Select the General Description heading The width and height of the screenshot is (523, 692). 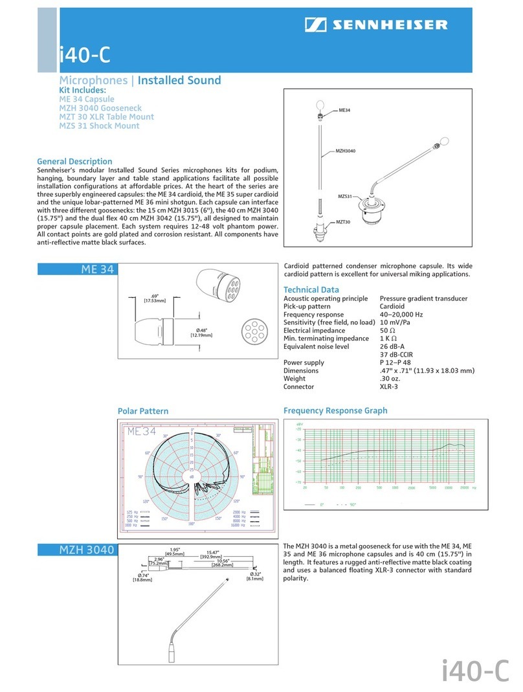[74, 161]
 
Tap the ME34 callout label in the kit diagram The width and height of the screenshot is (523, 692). [344, 111]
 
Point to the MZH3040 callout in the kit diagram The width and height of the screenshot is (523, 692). [346, 151]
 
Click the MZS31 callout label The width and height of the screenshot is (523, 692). [344, 196]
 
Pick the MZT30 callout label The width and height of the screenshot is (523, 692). [343, 222]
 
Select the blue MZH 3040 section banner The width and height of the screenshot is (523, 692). [77, 550]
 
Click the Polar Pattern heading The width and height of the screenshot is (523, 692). [142, 411]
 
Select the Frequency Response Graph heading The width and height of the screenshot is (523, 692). [335, 410]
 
